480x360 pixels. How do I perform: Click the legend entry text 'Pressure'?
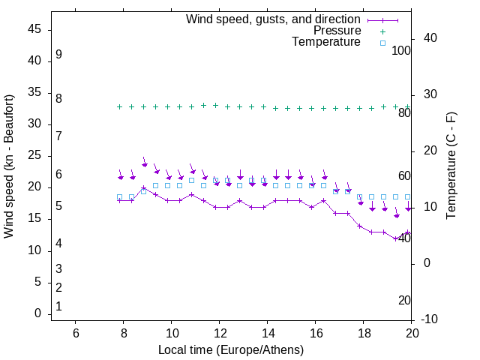tap(337, 31)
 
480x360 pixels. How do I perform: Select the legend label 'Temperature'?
tap(326, 42)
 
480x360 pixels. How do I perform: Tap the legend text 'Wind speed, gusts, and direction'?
tap(274, 19)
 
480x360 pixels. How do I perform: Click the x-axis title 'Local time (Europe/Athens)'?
tap(231, 350)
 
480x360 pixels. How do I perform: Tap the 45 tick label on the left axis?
tap(34, 29)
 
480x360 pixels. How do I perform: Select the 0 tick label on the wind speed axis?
tap(37, 313)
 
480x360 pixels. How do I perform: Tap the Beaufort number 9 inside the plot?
tap(58, 55)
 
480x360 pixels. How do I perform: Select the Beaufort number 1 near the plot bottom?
tap(58, 307)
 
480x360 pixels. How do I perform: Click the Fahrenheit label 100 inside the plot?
tap(401, 50)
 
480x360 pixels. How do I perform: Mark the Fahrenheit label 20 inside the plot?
tap(404, 301)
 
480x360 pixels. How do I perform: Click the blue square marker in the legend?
tap(382, 43)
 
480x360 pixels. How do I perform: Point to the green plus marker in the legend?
tap(382, 31)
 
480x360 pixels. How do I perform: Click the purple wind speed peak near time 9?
tap(143, 188)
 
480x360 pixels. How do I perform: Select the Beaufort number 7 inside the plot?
tap(58, 136)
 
